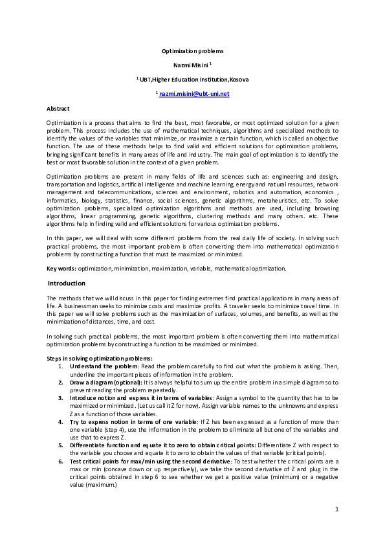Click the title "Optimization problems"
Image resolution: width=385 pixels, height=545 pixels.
[x=192, y=50]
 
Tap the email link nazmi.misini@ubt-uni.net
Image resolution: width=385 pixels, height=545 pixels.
[x=194, y=94]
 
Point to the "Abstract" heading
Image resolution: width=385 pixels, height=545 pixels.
[x=58, y=108]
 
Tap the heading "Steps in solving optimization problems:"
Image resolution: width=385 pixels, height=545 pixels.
[x=100, y=358]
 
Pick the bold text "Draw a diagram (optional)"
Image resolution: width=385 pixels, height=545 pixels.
[x=104, y=384]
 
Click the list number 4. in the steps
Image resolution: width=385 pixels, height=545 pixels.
[x=61, y=421]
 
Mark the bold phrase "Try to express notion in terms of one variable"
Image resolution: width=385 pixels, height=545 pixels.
[x=135, y=421]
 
